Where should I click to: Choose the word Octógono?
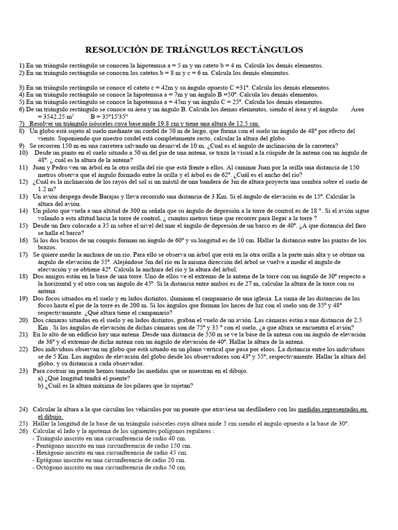tap(50, 467)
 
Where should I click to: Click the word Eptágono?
tap(50, 460)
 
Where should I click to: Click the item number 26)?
tap(23, 431)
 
